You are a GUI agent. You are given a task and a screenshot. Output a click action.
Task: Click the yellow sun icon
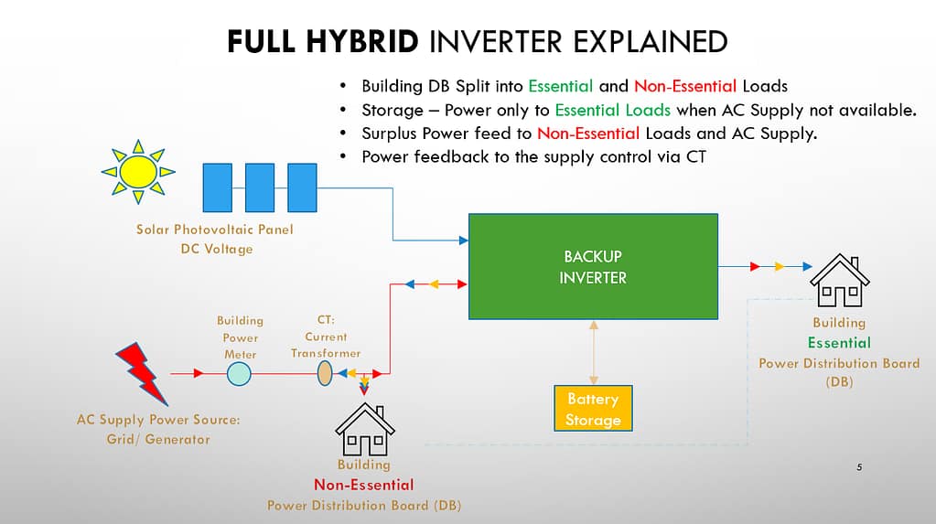point(138,171)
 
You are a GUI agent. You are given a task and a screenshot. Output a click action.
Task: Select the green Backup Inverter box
point(592,266)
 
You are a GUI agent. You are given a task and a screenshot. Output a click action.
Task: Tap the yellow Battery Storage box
point(593,409)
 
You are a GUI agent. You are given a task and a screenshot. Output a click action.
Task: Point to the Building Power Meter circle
point(239,373)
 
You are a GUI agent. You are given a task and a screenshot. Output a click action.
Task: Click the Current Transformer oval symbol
point(324,373)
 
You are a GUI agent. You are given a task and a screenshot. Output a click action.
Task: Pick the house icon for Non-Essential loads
point(364,429)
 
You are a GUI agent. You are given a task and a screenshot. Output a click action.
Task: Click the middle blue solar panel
point(259,187)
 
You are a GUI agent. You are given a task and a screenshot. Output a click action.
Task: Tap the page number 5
point(859,467)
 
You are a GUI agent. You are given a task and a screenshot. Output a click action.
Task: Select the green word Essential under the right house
point(839,343)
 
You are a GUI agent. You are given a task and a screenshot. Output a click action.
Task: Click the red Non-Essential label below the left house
point(363,485)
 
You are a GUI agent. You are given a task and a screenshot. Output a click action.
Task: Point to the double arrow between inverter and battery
point(593,352)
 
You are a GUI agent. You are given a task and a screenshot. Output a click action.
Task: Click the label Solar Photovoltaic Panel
point(215,230)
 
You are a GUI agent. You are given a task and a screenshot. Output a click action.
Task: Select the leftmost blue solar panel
point(217,187)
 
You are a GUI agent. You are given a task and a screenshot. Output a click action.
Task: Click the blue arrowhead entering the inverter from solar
point(463,241)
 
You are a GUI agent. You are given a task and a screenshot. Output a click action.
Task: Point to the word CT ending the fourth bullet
point(694,156)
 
